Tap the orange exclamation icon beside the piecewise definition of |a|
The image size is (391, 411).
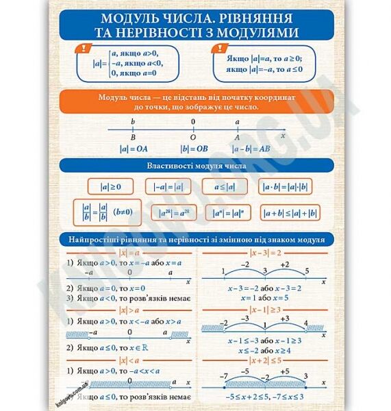84,49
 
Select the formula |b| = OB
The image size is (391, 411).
194,147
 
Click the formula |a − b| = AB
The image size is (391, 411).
251,147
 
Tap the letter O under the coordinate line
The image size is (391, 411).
193,136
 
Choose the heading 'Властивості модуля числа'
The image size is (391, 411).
196,166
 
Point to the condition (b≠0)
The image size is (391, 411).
123,212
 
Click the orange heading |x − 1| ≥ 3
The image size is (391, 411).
264,310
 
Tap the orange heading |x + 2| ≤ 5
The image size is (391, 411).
264,361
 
